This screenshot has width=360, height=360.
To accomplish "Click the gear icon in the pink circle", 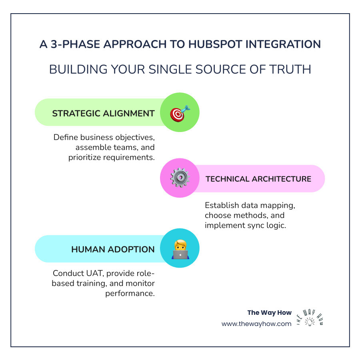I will coord(180,178).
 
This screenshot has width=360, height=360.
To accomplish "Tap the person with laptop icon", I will coord(180,249).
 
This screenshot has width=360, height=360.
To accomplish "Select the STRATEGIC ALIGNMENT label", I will coord(103,113).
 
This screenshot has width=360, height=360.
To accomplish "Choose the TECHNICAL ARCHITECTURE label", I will coord(258,179).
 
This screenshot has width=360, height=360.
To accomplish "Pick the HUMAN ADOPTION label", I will coord(113,249).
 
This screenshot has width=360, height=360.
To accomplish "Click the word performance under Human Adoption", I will coord(130,294).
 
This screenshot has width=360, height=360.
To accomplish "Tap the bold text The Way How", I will coord(270,313).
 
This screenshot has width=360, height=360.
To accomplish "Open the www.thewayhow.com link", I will coord(256,324).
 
